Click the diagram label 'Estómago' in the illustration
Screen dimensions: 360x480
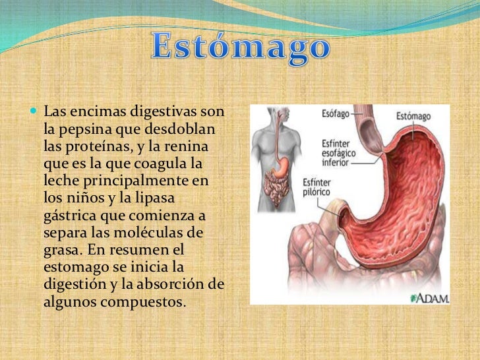(x=413, y=116)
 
